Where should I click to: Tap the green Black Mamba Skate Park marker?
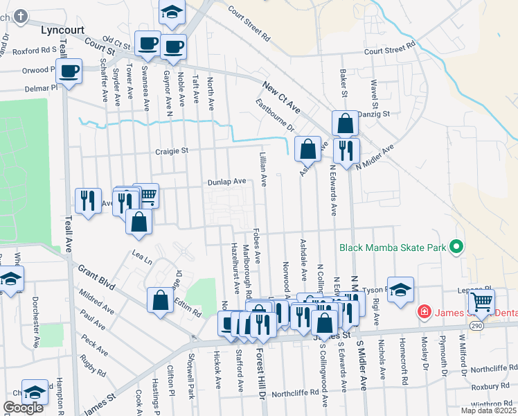[x=456, y=247]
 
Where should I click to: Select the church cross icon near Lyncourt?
[x=21, y=15]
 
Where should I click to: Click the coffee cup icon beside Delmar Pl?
[x=69, y=70]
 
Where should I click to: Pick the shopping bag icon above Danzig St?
[x=345, y=123]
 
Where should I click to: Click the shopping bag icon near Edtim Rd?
[x=160, y=301]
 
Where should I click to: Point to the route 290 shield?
[x=496, y=324]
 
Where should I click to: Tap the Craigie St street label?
[x=172, y=150]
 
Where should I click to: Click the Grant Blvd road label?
[x=96, y=276]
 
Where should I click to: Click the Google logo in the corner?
[x=23, y=408]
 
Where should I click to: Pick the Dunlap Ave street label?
[x=227, y=182]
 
